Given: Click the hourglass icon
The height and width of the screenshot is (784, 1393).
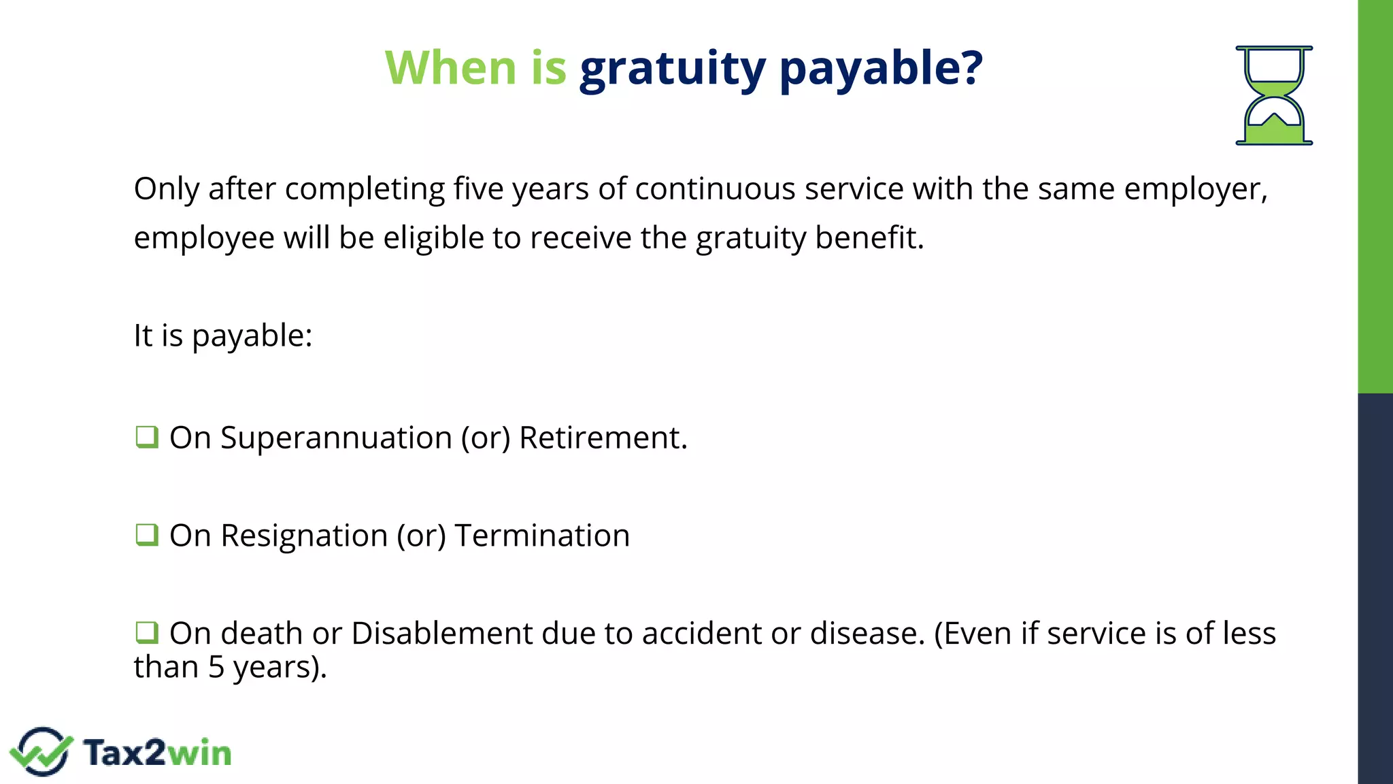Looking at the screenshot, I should [1274, 95].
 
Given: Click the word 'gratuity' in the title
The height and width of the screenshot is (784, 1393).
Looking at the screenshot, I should [672, 69].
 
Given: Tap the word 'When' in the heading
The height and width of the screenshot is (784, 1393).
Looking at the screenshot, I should [451, 67].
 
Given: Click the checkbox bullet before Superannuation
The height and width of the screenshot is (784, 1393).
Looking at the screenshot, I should [147, 436].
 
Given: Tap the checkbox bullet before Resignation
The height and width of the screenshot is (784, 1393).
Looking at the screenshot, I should [147, 534].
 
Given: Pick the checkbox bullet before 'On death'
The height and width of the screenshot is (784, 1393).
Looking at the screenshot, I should [147, 632].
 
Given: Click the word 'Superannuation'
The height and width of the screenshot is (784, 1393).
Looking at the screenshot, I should [336, 438].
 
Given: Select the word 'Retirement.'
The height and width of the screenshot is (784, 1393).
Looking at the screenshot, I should [603, 438].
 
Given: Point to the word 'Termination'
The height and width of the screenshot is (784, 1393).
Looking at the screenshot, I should [542, 536].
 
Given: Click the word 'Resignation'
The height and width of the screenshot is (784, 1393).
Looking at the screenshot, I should [304, 536].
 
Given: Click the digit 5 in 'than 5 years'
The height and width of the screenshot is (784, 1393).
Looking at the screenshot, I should [216, 668].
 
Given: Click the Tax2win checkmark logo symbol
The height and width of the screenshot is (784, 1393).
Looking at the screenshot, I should [41, 751].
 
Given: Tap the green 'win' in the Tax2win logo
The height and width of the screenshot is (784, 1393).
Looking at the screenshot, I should [199, 753].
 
